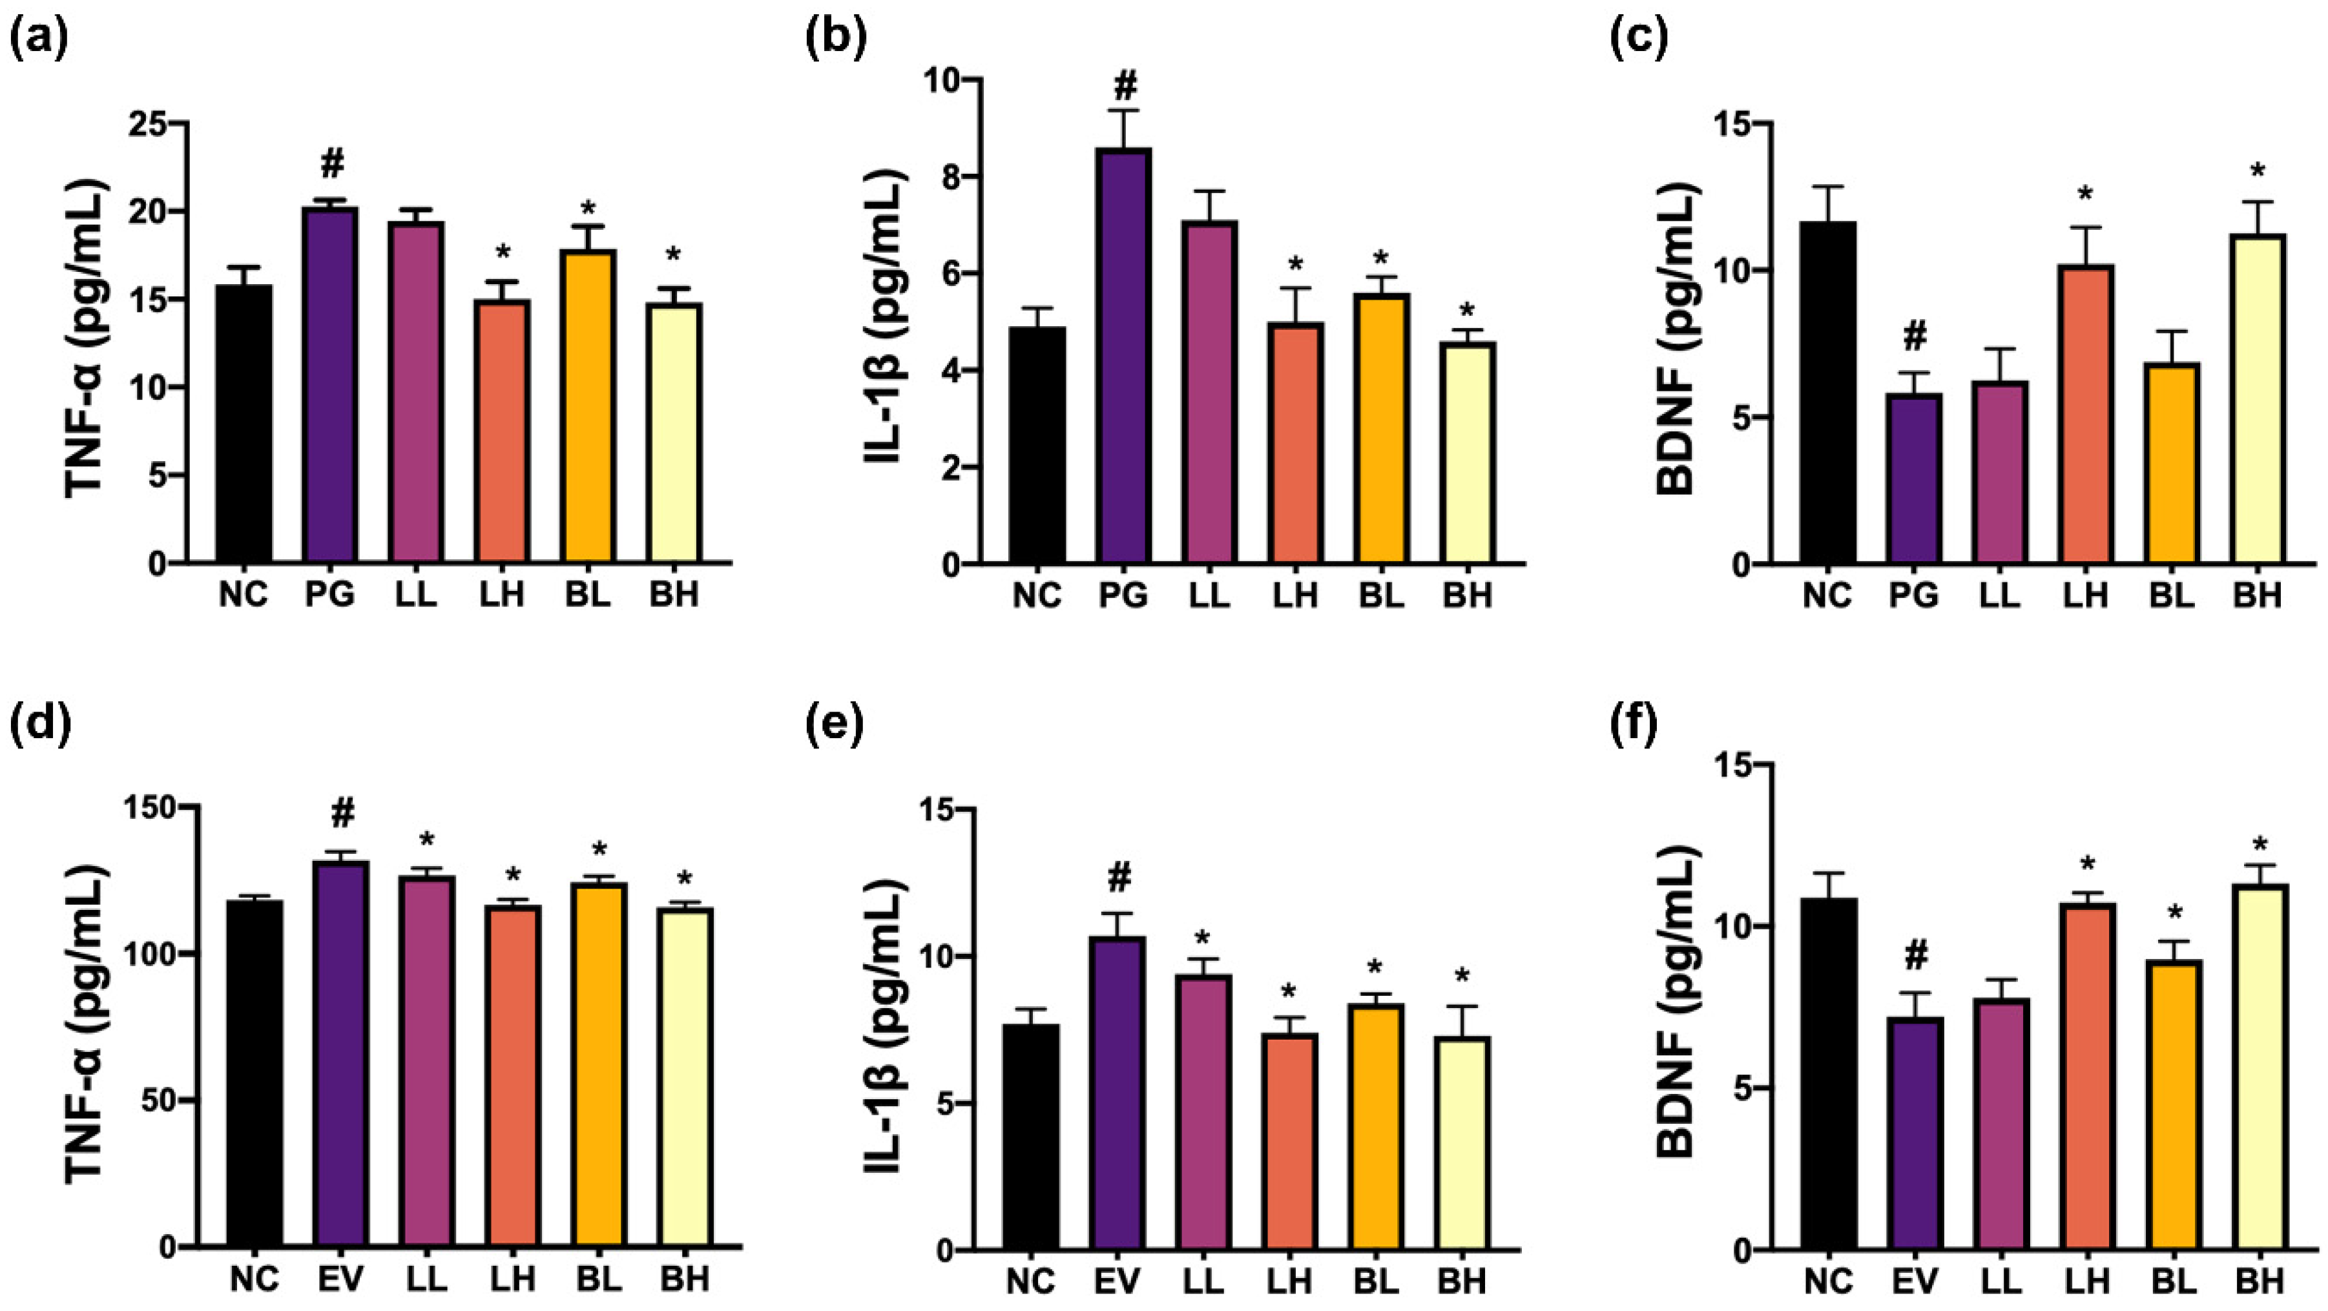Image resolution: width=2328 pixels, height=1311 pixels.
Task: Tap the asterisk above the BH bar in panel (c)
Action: [x=2258, y=172]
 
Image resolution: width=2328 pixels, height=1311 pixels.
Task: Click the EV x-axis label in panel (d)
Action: [x=342, y=1279]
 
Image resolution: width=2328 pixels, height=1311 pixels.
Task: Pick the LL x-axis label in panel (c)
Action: [x=2001, y=595]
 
